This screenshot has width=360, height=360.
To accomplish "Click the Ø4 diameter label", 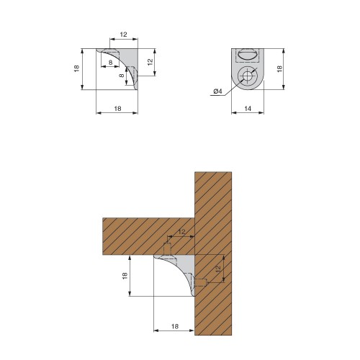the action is pyautogui.click(x=218, y=91).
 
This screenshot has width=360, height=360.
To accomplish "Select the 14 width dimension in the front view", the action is pyautogui.click(x=248, y=109).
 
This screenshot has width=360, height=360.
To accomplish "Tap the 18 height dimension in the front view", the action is pyautogui.click(x=279, y=69).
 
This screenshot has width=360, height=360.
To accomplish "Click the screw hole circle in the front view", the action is pyautogui.click(x=247, y=76).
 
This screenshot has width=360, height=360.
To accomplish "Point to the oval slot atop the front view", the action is pyautogui.click(x=247, y=54).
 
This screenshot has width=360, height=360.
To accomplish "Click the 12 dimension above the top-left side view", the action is pyautogui.click(x=123, y=35).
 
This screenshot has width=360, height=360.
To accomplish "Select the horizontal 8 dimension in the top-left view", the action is pyautogui.click(x=110, y=63).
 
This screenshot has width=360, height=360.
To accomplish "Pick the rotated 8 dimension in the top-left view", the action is pyautogui.click(x=122, y=76).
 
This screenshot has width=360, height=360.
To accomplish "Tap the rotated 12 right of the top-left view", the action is pyautogui.click(x=150, y=62).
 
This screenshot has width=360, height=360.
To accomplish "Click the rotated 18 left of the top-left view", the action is pyautogui.click(x=76, y=69).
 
